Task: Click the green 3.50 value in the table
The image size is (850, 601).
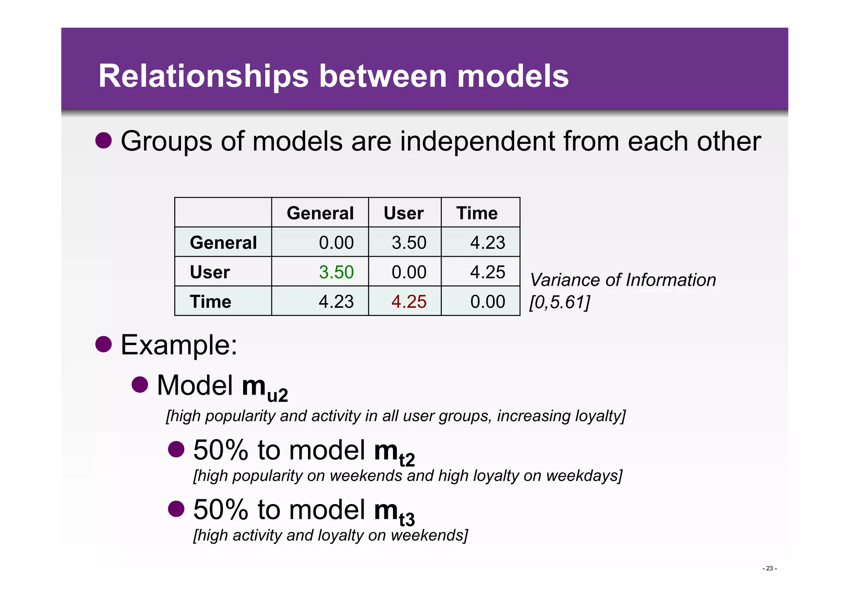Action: click(x=336, y=272)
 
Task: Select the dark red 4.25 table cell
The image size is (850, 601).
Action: click(x=408, y=302)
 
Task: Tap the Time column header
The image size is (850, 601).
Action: click(x=477, y=213)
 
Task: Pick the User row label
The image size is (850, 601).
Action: click(x=210, y=272)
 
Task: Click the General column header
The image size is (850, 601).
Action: click(x=320, y=213)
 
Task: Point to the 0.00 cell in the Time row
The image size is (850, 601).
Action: click(x=487, y=302)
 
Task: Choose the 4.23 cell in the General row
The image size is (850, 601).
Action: click(x=487, y=243)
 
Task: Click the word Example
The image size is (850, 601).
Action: click(x=178, y=345)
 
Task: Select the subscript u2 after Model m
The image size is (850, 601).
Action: click(x=277, y=395)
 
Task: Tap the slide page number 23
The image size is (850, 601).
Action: click(x=769, y=569)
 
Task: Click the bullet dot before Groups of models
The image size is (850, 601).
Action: click(x=104, y=140)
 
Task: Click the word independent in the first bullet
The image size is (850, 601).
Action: click(x=477, y=142)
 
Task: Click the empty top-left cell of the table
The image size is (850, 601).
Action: click(x=223, y=213)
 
